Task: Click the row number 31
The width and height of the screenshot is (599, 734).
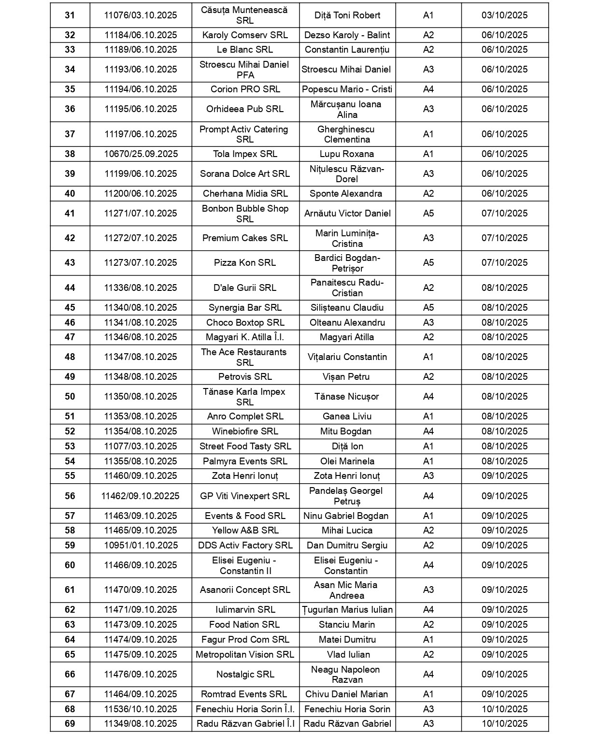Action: (70, 15)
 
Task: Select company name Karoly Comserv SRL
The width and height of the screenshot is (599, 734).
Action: (245, 35)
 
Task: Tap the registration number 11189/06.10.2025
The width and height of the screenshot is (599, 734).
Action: (141, 50)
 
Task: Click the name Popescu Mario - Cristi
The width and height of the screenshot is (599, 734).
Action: (347, 89)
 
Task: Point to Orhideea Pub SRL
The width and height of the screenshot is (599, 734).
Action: (245, 109)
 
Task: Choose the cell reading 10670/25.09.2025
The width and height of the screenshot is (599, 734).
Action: (141, 154)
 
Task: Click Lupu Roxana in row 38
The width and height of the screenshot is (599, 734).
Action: (347, 154)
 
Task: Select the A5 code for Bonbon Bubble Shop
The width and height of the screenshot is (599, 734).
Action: (428, 214)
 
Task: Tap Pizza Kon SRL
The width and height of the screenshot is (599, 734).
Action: (245, 263)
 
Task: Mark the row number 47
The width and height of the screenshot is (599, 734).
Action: (70, 337)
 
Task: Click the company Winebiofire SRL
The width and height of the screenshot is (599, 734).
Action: (245, 432)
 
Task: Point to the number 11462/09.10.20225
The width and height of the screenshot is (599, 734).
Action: (141, 496)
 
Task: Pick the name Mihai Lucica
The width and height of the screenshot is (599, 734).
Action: (347, 531)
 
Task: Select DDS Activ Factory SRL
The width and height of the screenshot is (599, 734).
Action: (245, 546)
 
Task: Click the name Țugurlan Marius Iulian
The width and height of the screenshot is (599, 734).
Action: (347, 610)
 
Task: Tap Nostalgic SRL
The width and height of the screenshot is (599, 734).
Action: (245, 675)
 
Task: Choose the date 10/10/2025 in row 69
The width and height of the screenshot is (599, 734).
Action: (504, 724)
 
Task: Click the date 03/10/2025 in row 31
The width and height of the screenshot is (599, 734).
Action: (504, 15)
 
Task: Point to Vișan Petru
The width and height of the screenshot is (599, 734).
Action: (347, 377)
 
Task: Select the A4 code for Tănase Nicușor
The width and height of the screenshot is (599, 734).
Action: (428, 397)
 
